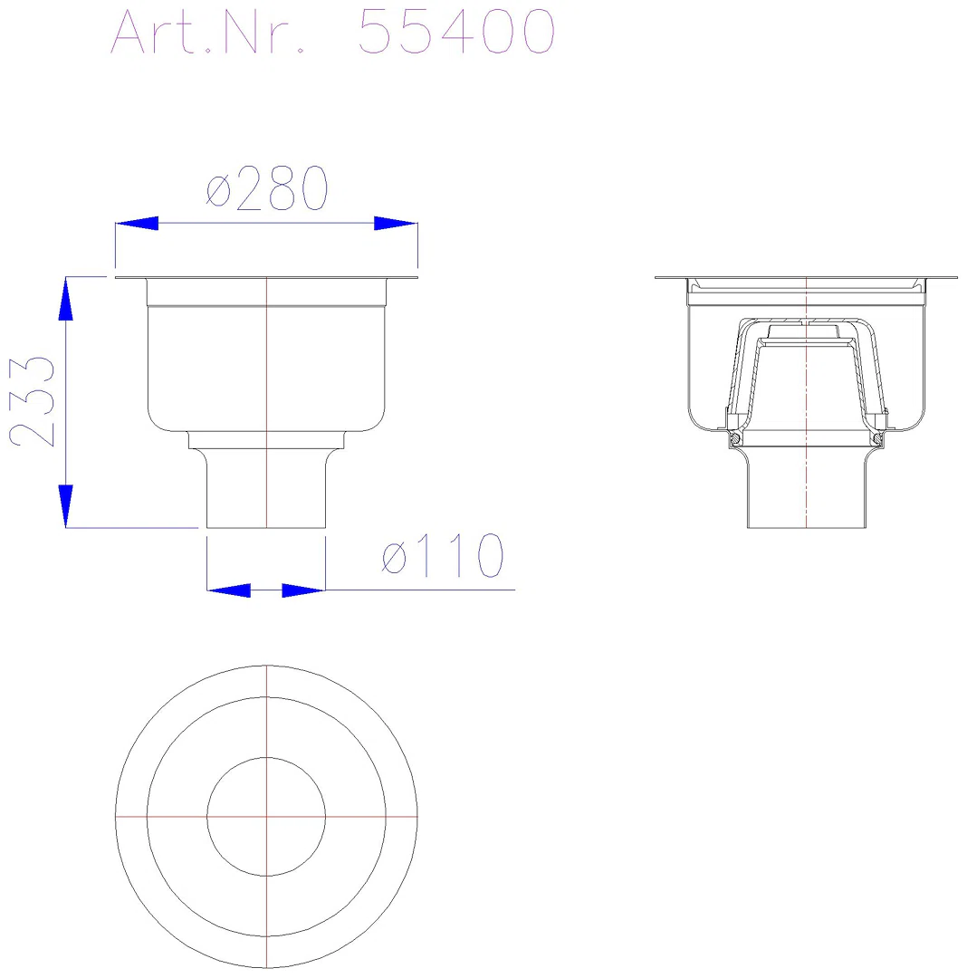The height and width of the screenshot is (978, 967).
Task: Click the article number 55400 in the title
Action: point(456,31)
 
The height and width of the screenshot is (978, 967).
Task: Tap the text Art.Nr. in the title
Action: point(207,31)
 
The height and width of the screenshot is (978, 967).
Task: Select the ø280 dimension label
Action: point(267,187)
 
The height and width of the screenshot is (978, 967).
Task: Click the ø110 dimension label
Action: point(443,555)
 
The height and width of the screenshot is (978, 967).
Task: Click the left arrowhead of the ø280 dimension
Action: point(137,224)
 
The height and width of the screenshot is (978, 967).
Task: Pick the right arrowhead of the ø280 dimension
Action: point(396,224)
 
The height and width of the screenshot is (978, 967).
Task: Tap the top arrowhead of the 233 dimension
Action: point(65,299)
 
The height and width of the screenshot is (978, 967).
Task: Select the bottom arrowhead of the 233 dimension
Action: point(65,506)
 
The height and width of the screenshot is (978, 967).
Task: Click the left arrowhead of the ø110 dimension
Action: point(229,590)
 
